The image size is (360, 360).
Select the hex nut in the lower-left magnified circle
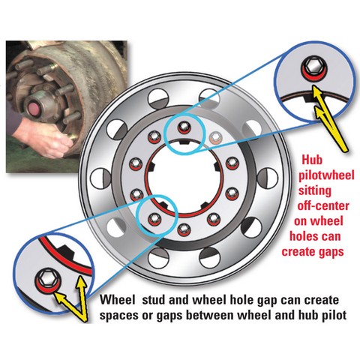pyautogui.click(x=46, y=278)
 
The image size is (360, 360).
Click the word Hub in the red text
pyautogui.click(x=312, y=160)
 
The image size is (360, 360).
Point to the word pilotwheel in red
pyautogui.click(x=326, y=176)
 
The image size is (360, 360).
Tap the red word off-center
pyautogui.click(x=322, y=206)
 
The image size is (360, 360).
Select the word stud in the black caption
pyautogui.click(x=153, y=300)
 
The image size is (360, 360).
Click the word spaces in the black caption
pyautogui.click(x=118, y=316)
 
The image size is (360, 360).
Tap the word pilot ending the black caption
pyautogui.click(x=334, y=315)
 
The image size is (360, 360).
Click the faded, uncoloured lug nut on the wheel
pyautogui.click(x=215, y=137)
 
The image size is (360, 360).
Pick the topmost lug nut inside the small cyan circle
pyautogui.click(x=184, y=126)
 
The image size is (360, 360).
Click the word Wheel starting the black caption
pyautogui.click(x=115, y=300)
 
